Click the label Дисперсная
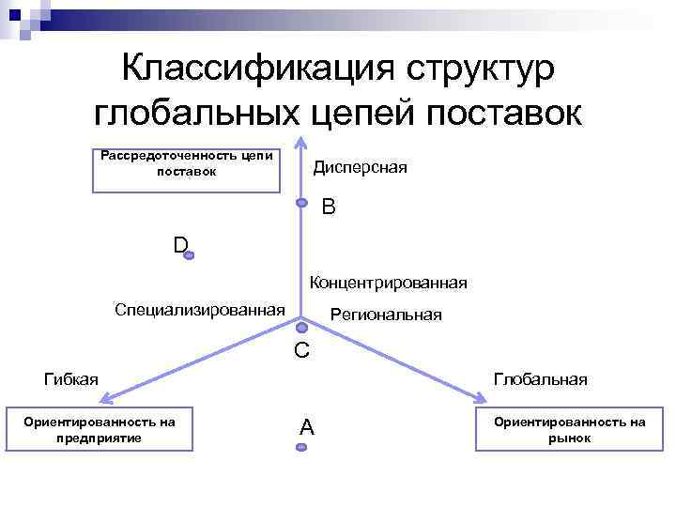pyautogui.click(x=360, y=167)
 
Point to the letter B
pyautogui.click(x=328, y=207)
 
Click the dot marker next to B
pyautogui.click(x=301, y=203)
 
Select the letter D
pyautogui.click(x=180, y=245)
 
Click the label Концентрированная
pyautogui.click(x=388, y=283)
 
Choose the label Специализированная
pyautogui.click(x=199, y=309)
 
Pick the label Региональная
pyautogui.click(x=386, y=315)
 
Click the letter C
pyautogui.click(x=301, y=351)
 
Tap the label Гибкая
pyautogui.click(x=71, y=378)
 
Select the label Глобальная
pyautogui.click(x=541, y=378)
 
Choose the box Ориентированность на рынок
pyautogui.click(x=570, y=430)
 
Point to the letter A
pyautogui.click(x=306, y=427)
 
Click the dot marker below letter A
pyautogui.click(x=301, y=448)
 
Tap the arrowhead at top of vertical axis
pyautogui.click(x=301, y=143)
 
